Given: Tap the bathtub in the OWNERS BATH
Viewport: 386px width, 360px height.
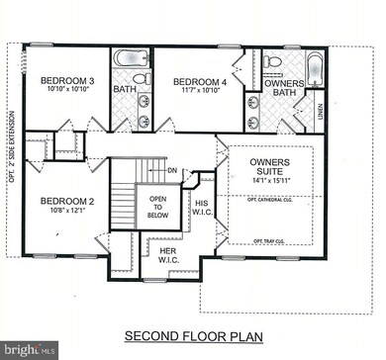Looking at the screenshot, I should click(x=315, y=70).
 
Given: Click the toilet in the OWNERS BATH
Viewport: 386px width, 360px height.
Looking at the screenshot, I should click(x=273, y=61).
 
